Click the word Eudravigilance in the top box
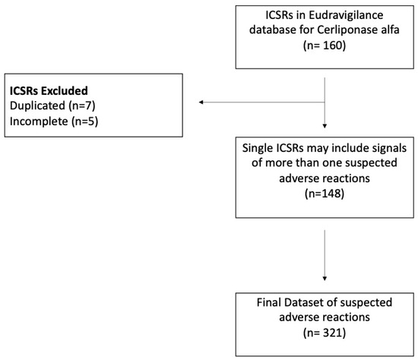tap(346, 15)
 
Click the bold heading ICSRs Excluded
tap(49, 91)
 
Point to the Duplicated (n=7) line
tap(52, 106)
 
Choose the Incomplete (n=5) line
tap(54, 122)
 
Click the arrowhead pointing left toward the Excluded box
tap(201, 102)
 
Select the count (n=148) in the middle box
tap(325, 194)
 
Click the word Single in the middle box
tap(256, 148)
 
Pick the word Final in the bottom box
tap(269, 302)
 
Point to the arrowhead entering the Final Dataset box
tap(325, 279)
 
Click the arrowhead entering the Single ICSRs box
tap(325, 126)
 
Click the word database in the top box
tap(273, 30)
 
